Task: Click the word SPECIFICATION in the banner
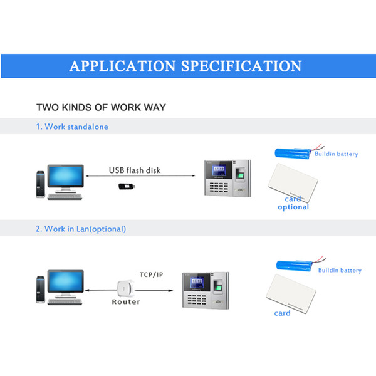241,66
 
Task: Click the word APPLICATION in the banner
123,66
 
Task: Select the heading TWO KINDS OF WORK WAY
101,107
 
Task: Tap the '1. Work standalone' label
72,127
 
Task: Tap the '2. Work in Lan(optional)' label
81,229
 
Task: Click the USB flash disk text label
135,170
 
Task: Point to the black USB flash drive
127,186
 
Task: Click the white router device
125,289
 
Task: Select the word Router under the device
126,301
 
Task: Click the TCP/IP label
151,274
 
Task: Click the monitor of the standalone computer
65,176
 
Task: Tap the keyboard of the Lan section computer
65,302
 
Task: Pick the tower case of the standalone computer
41,184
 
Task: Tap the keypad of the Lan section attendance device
197,300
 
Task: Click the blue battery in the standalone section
293,153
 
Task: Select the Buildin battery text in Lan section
340,270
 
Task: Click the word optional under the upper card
293,207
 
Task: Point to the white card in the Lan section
291,293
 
